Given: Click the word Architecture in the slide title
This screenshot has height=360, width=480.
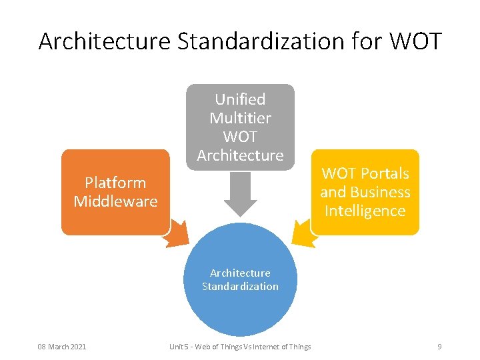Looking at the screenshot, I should (105, 41).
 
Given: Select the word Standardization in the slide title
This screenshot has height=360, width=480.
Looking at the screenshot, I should (260, 41).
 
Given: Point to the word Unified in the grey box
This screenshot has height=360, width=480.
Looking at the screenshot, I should (240, 99).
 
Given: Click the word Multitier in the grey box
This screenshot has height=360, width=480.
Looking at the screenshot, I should (240, 118).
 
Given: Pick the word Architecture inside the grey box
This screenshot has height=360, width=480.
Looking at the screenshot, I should (240, 155).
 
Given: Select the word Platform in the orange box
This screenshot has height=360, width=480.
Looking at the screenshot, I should (115, 183).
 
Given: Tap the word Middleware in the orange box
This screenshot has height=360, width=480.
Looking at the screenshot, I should (115, 201).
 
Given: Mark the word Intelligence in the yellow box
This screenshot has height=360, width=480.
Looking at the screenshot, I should (365, 211).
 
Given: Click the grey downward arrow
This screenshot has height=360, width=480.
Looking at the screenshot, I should (240, 195).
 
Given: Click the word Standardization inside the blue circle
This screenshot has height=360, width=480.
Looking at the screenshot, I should (240, 287).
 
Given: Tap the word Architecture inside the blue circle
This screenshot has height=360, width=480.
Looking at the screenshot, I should (240, 273).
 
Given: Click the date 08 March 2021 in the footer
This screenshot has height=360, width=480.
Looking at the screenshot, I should (62, 347).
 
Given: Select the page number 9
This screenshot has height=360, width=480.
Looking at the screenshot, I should (439, 347).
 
